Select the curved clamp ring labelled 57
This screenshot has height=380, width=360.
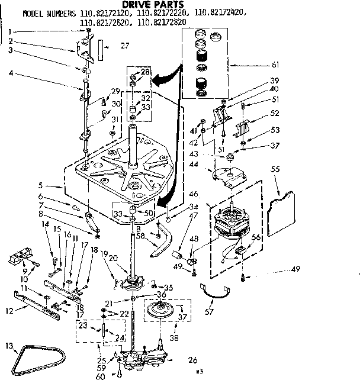click(217, 291)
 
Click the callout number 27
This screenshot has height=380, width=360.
click(125, 46)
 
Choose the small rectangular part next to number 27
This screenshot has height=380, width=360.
click(101, 46)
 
